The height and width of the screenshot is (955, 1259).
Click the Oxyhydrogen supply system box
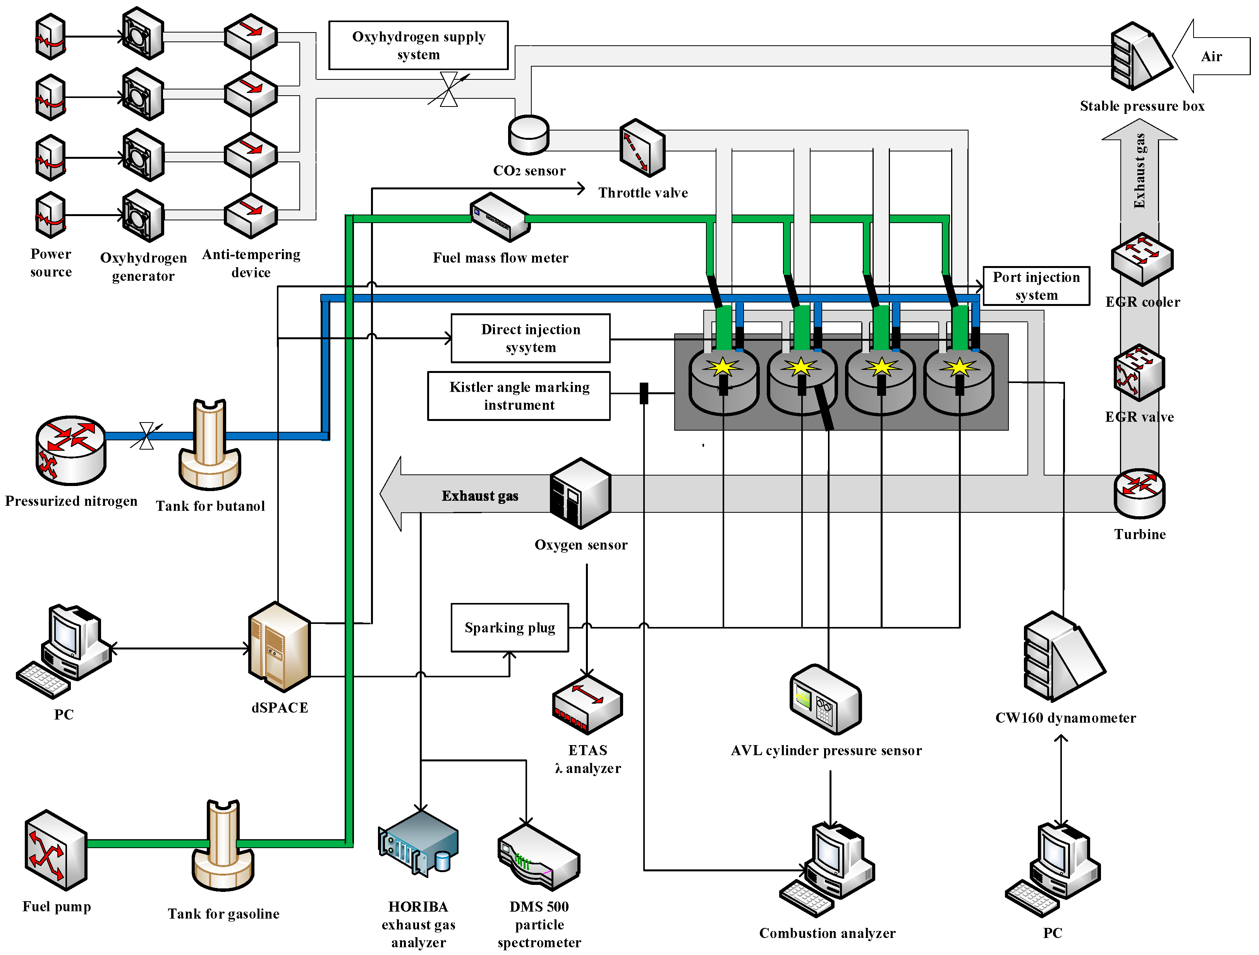click(x=418, y=46)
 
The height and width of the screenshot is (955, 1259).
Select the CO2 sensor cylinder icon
click(x=529, y=135)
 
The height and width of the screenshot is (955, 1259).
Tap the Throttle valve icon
click(x=642, y=148)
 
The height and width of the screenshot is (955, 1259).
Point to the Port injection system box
click(x=1036, y=286)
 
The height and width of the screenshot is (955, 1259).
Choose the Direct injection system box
click(x=531, y=338)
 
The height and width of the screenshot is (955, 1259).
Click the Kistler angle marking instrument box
click(x=519, y=396)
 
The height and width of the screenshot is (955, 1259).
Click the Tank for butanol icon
click(x=210, y=445)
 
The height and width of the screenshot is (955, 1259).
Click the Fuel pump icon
click(x=56, y=850)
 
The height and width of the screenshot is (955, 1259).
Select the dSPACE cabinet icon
click(x=280, y=647)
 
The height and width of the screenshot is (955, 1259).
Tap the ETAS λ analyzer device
click(x=587, y=704)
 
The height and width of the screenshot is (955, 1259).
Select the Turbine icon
click(x=1139, y=493)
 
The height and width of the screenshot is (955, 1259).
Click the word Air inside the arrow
click(x=1211, y=56)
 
